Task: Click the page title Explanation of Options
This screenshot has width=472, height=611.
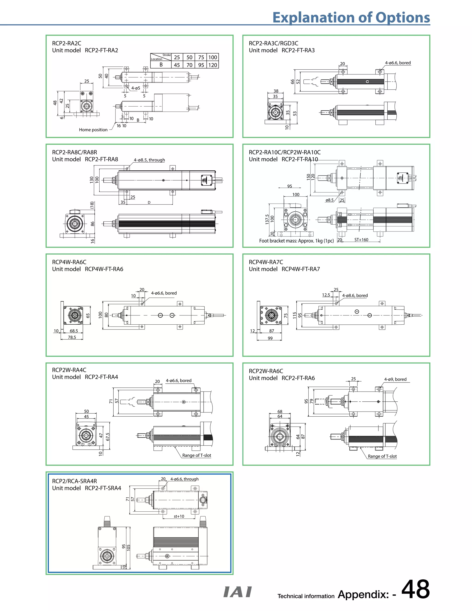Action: pyautogui.click(x=351, y=17)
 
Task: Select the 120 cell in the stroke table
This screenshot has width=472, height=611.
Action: pyautogui.click(x=212, y=65)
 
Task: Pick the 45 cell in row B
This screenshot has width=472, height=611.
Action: pyautogui.click(x=177, y=65)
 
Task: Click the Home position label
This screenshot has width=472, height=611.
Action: pyautogui.click(x=93, y=130)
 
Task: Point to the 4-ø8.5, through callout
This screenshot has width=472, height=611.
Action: pyautogui.click(x=149, y=160)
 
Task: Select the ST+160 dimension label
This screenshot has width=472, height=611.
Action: pyautogui.click(x=361, y=240)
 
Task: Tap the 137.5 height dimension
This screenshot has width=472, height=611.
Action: pyautogui.click(x=267, y=219)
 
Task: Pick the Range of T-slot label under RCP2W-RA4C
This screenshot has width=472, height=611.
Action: pyautogui.click(x=197, y=455)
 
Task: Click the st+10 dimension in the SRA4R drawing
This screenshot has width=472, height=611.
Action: pyautogui.click(x=179, y=516)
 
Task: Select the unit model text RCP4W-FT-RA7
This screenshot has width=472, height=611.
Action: pyautogui.click(x=301, y=269)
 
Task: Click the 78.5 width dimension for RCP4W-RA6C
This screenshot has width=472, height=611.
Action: pyautogui.click(x=72, y=337)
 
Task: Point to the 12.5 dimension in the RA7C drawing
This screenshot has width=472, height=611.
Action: pyautogui.click(x=326, y=295)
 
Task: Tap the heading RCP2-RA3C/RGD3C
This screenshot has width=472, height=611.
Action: pyautogui.click(x=274, y=43)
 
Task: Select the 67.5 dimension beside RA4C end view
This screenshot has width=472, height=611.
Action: pyautogui.click(x=108, y=437)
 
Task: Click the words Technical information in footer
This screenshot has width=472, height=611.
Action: pyautogui.click(x=306, y=596)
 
